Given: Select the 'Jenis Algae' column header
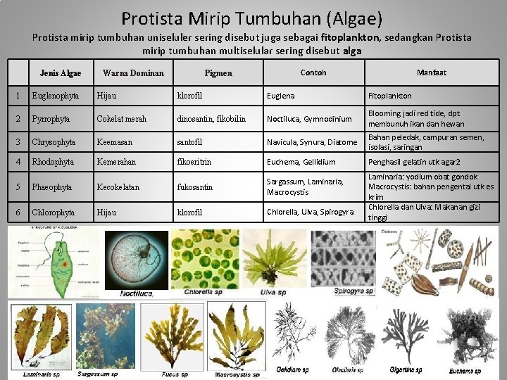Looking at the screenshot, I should [61, 73].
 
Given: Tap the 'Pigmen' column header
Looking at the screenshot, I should [218, 73].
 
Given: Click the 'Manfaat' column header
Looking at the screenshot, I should [431, 72].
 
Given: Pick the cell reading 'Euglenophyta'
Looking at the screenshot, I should [56, 96].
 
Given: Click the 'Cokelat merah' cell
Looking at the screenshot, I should [122, 119].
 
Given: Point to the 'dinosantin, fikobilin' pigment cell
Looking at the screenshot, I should [211, 119].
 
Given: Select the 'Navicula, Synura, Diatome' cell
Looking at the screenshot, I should [312, 143].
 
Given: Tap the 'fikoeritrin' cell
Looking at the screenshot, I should [194, 162].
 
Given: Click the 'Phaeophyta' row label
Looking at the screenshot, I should [51, 187].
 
